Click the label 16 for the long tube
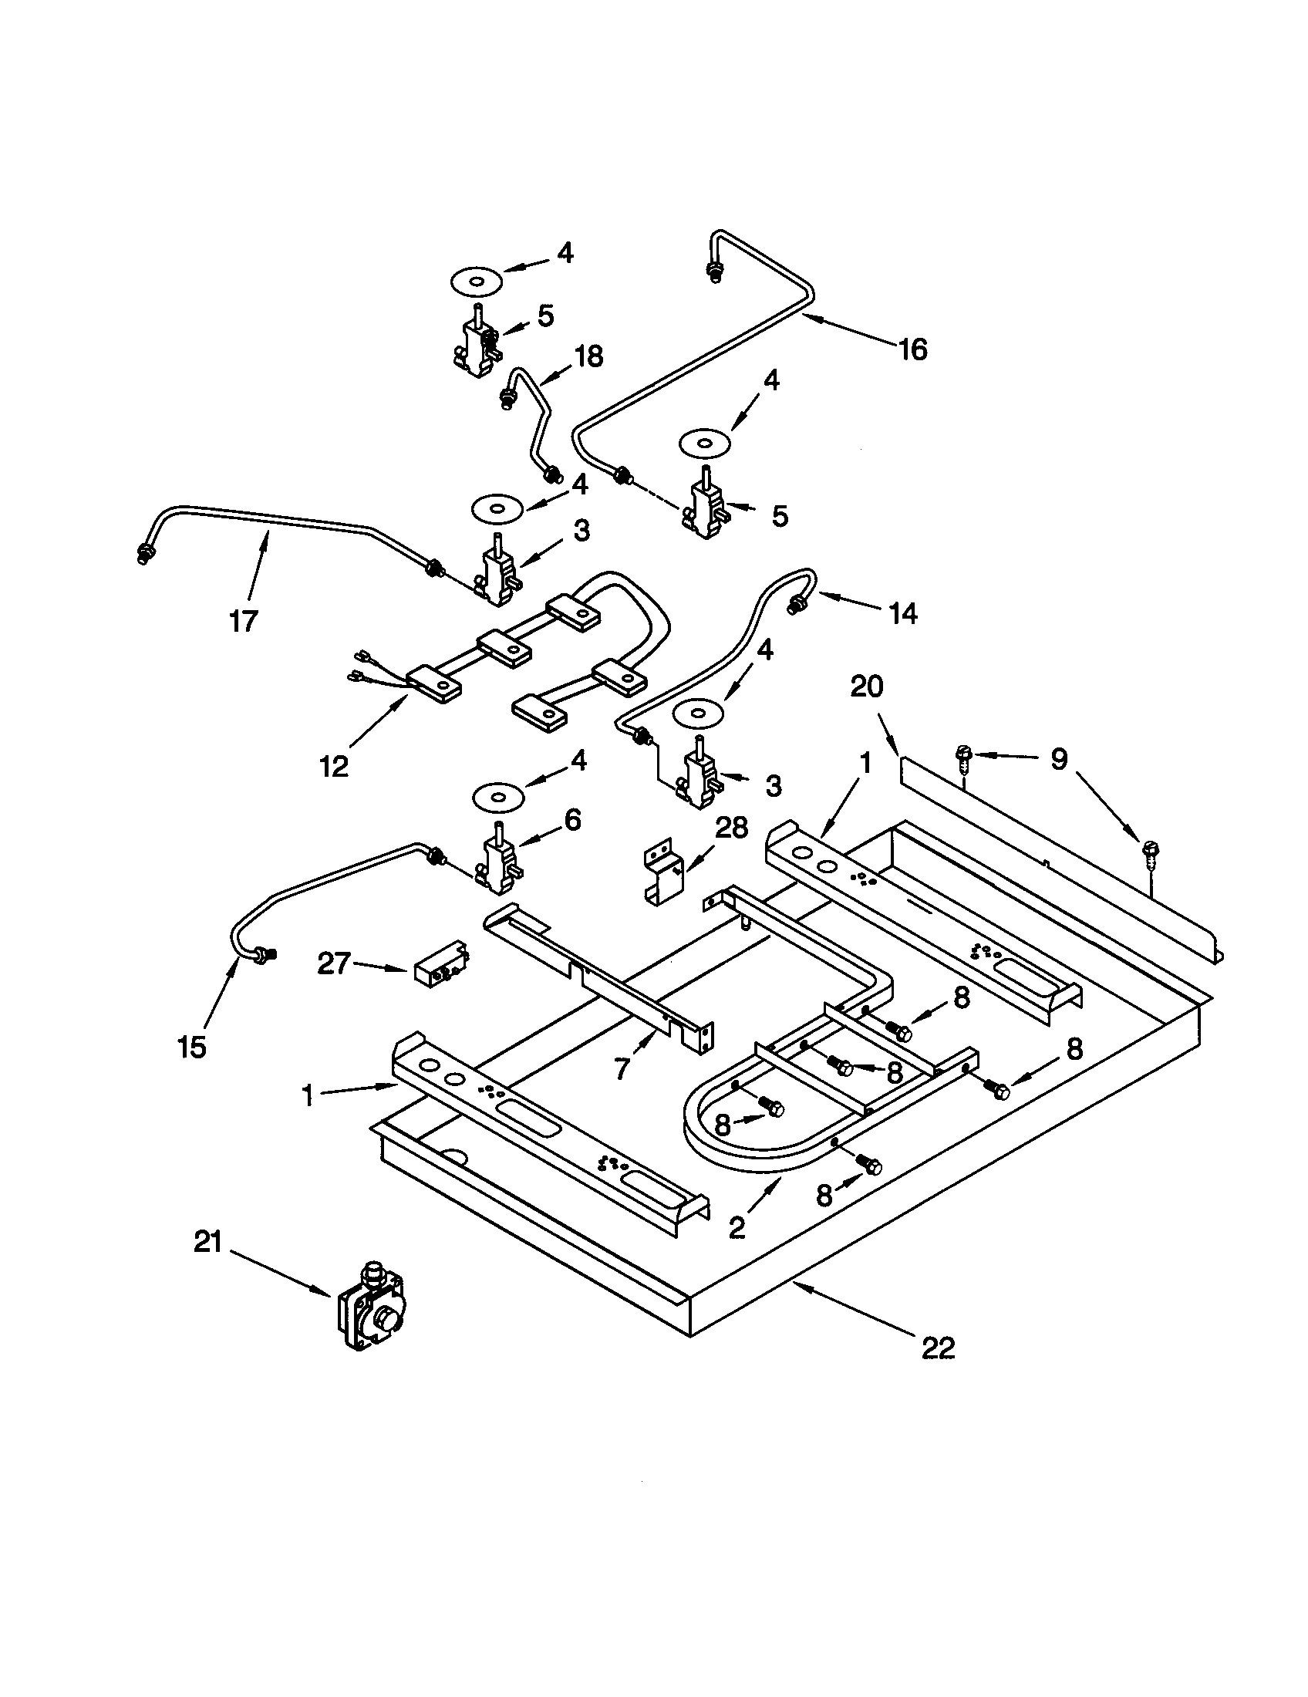(913, 350)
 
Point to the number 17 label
(243, 621)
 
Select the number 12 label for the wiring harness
(335, 766)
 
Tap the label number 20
(867, 687)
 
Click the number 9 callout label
(1059, 759)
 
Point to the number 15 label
(191, 1048)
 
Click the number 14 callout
(902, 614)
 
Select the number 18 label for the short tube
(588, 356)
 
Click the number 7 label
(622, 1070)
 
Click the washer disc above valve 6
(498, 798)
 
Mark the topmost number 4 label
(565, 252)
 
